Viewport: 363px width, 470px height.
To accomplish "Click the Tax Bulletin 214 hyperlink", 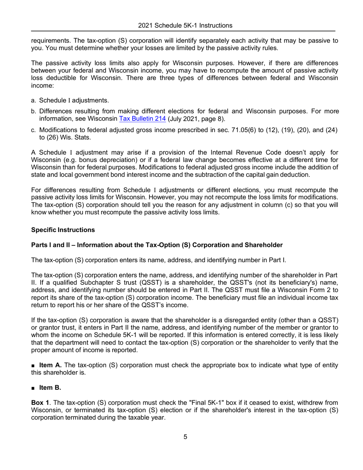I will click(142, 118).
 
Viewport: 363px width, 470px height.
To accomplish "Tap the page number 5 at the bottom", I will click(185, 437).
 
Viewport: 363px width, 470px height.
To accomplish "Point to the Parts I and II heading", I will click(157, 245).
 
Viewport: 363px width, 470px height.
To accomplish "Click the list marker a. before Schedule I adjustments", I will click(34, 100).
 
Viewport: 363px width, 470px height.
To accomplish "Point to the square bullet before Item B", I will click(33, 388).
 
